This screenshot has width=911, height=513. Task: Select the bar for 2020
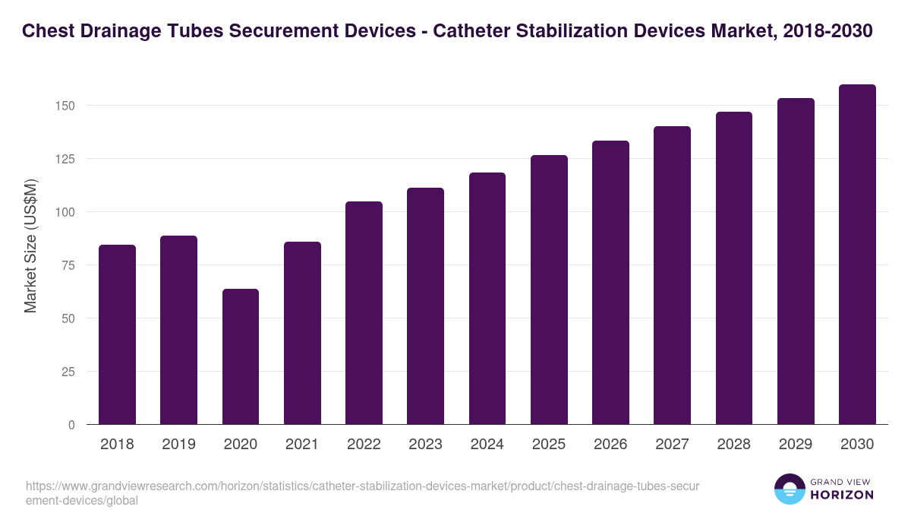241,356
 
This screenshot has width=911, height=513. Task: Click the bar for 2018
117,334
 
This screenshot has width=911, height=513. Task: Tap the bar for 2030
857,255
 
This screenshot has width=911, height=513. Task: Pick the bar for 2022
364,313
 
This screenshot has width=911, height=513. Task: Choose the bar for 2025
549,290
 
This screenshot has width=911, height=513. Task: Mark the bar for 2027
672,275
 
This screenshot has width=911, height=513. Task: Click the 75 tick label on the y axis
69,265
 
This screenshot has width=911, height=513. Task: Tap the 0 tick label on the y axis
72,425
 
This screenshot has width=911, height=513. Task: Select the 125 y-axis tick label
66,159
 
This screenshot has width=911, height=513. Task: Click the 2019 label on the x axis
178,445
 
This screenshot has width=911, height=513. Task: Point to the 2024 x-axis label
487,445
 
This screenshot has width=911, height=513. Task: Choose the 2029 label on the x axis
796,445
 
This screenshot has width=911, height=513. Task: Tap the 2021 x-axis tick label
302,445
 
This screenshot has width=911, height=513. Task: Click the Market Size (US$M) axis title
30,245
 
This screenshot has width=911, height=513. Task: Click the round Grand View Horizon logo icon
790,489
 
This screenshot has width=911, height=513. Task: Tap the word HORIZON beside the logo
843,495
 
